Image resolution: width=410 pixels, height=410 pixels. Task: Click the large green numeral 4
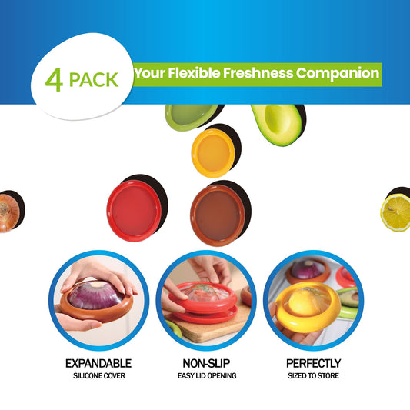[x=54, y=80]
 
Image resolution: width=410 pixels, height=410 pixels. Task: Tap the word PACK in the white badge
[x=94, y=80]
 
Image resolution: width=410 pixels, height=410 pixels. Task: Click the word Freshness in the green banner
[x=258, y=73]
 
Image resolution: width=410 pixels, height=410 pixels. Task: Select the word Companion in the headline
[x=338, y=74]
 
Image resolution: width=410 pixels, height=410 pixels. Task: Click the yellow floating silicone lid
[x=213, y=153]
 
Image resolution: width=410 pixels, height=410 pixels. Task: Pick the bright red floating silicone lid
[x=134, y=211]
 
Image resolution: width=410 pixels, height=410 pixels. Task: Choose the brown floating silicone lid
[x=218, y=215]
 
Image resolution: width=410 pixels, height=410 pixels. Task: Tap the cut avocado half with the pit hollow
[x=277, y=124]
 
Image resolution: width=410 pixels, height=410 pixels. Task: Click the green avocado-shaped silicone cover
[x=192, y=116]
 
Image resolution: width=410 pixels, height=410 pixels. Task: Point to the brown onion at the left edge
[x=9, y=213]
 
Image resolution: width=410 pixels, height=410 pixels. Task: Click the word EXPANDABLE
[x=98, y=363]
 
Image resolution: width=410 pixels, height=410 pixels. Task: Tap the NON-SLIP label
[x=207, y=363]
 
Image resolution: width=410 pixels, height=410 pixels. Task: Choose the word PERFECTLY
[x=314, y=363]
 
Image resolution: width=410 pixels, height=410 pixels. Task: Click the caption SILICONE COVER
[x=99, y=375]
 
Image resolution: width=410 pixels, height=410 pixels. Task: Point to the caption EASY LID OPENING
[x=207, y=375]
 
